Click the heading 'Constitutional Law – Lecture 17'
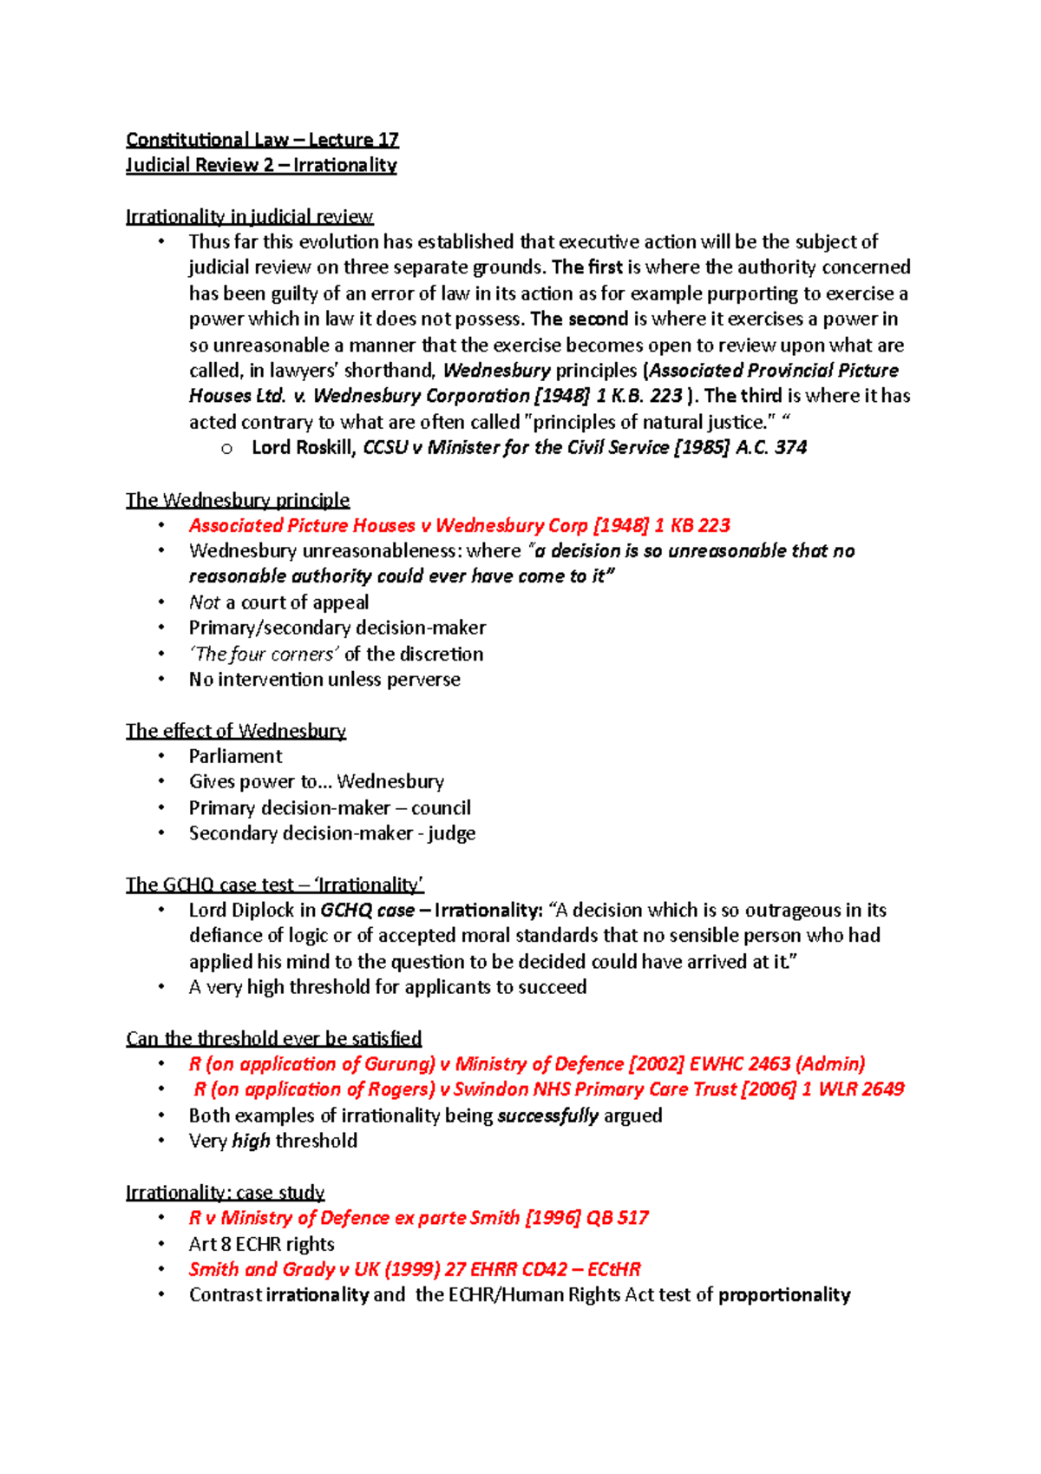tap(262, 140)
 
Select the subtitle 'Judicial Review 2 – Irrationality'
tap(261, 165)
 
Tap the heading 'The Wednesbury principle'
tap(238, 500)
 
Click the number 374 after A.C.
tap(790, 448)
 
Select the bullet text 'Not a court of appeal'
tap(278, 602)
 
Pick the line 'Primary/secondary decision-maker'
tap(337, 628)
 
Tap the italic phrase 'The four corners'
tap(264, 654)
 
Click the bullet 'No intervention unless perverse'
tap(324, 680)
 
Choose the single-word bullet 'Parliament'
tap(235, 756)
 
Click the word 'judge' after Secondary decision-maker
tap(451, 833)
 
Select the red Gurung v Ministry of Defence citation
tap(527, 1064)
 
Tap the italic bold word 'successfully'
tap(547, 1115)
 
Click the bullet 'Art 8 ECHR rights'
tap(261, 1244)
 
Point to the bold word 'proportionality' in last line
tap(784, 1295)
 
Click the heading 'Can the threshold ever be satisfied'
tap(273, 1039)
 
